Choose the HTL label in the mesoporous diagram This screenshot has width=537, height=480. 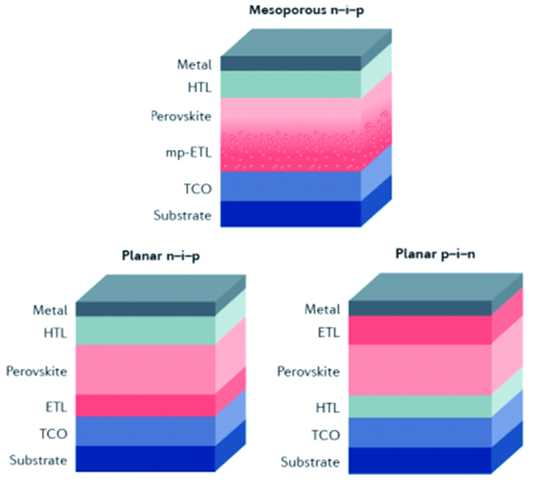(199, 85)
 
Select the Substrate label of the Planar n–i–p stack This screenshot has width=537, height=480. (38, 459)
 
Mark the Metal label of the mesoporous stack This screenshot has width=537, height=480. (194, 64)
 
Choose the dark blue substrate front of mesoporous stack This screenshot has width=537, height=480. (290, 214)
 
